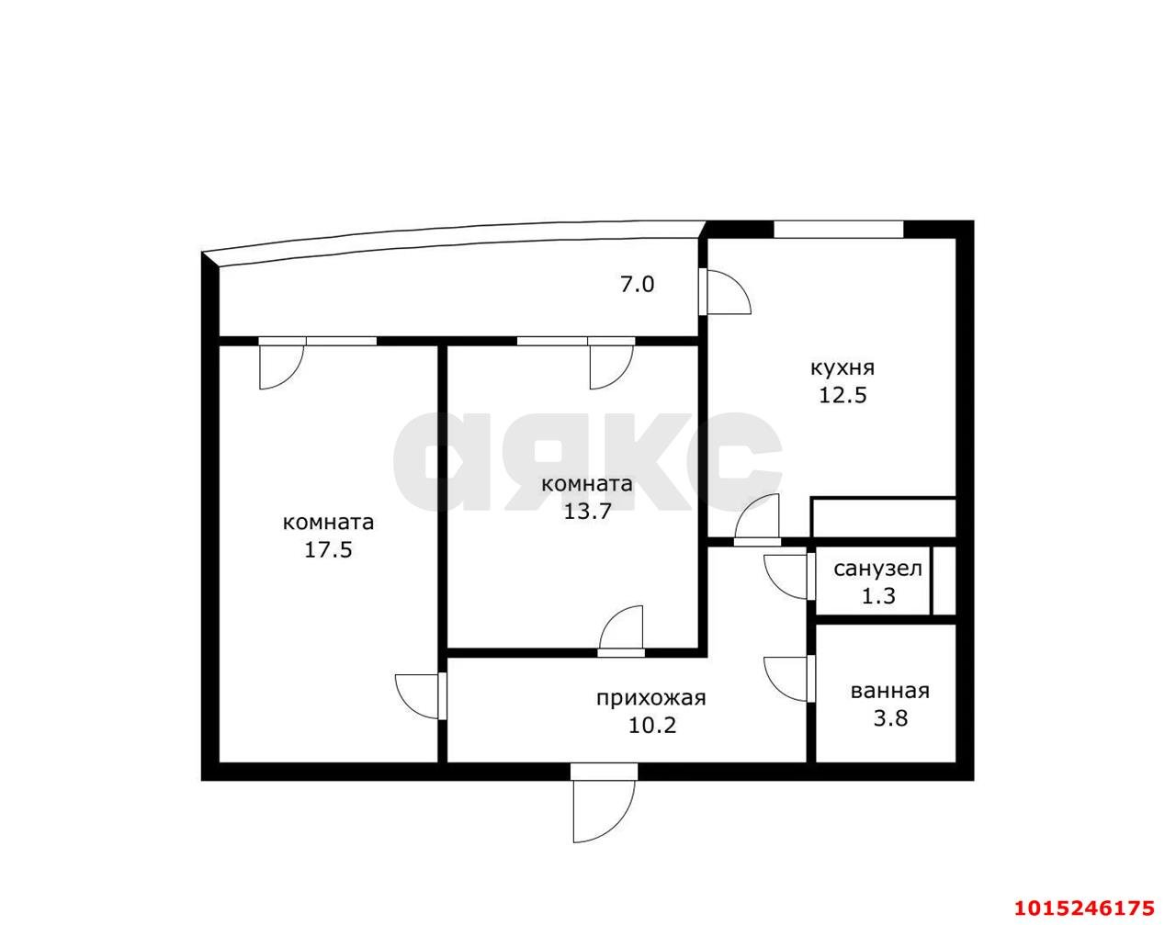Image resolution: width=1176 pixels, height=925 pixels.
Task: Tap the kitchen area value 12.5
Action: pos(842,395)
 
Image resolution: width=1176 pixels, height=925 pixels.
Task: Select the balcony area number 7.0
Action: pos(638,285)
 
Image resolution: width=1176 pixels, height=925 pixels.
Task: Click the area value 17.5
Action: pos(328,549)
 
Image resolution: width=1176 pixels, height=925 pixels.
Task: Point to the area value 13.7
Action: pos(587,511)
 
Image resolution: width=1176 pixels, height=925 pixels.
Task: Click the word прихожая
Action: pos(651,698)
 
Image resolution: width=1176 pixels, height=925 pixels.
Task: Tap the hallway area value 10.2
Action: pos(652,725)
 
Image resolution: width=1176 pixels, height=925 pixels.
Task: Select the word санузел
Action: pos(877,570)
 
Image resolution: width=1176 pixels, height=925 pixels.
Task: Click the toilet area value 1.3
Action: pos(878,595)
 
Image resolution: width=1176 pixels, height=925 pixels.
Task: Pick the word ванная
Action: pos(890,691)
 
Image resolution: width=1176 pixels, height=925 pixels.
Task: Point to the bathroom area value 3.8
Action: pos(891,718)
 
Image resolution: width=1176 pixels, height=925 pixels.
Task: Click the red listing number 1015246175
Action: pos(1084,908)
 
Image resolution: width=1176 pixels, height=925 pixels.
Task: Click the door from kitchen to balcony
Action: pos(725,291)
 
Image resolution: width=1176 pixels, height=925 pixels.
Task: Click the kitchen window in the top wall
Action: pos(839,229)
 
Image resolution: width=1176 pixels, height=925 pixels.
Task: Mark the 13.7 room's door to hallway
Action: pos(621,632)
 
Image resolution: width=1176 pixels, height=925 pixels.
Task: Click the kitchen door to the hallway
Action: pos(757,520)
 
